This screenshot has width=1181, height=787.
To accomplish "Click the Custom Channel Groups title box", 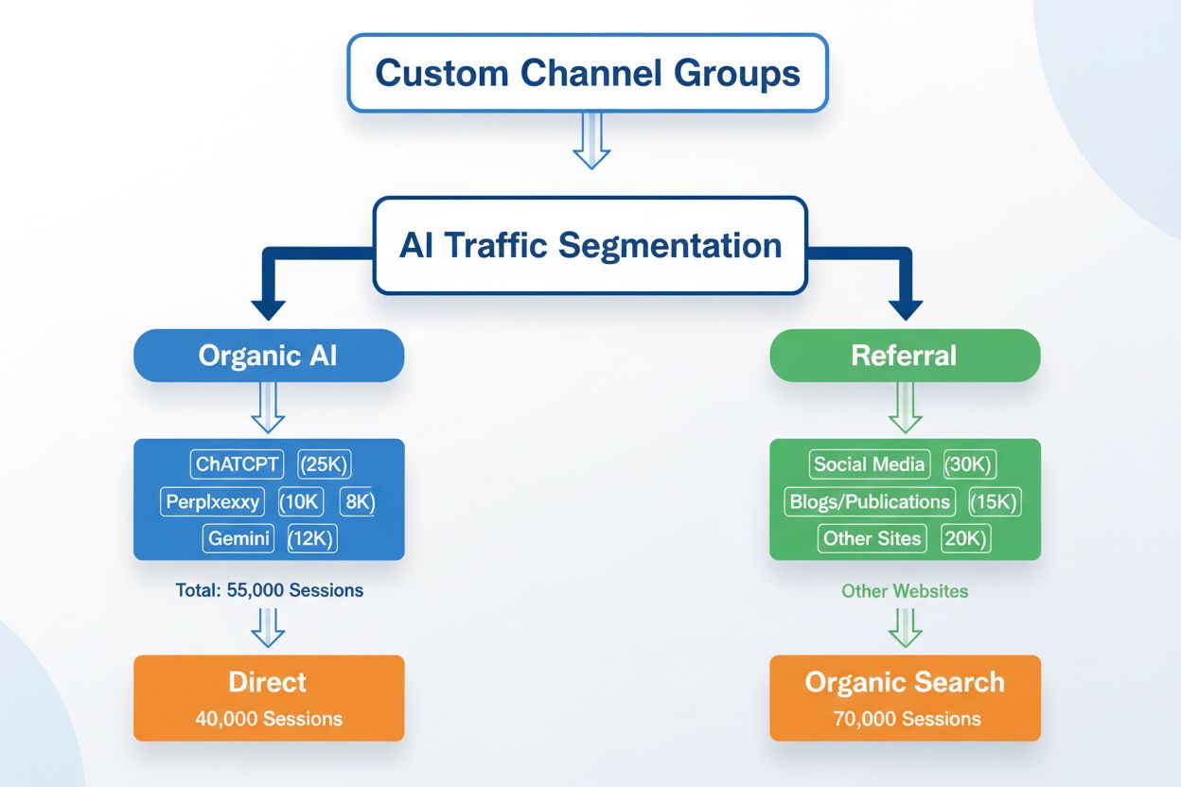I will click(x=587, y=73).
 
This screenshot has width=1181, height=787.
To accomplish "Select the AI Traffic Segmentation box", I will click(x=590, y=245).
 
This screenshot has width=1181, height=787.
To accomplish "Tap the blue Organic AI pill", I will click(x=269, y=356).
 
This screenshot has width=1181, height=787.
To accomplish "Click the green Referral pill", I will click(x=905, y=356).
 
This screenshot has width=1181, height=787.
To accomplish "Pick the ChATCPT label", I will click(x=237, y=464).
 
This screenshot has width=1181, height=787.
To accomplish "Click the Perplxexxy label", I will click(x=212, y=502).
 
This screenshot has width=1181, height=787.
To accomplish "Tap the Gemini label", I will click(x=238, y=539).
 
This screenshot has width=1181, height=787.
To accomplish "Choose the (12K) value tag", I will click(x=310, y=539).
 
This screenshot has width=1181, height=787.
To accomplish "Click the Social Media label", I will click(x=870, y=464).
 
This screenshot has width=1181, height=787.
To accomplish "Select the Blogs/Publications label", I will click(x=868, y=502).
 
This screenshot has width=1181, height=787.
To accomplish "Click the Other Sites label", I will click(x=872, y=539).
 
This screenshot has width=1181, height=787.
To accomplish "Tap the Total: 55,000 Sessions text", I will click(x=269, y=590).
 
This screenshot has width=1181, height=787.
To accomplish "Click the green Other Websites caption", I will click(x=905, y=591).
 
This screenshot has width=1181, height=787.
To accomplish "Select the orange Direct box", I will click(x=269, y=697).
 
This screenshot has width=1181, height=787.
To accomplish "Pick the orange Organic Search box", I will click(x=905, y=697).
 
